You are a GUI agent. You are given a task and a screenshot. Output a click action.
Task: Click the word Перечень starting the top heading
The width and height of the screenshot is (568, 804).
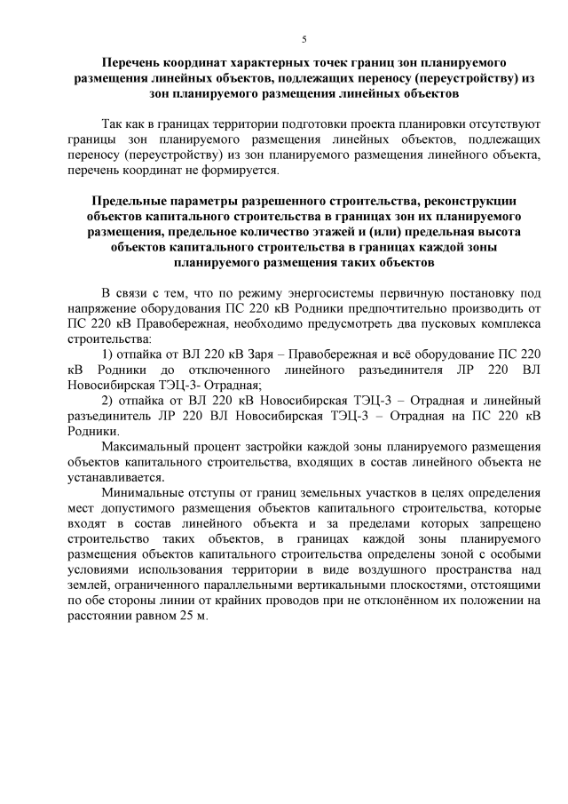pos(135,64)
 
